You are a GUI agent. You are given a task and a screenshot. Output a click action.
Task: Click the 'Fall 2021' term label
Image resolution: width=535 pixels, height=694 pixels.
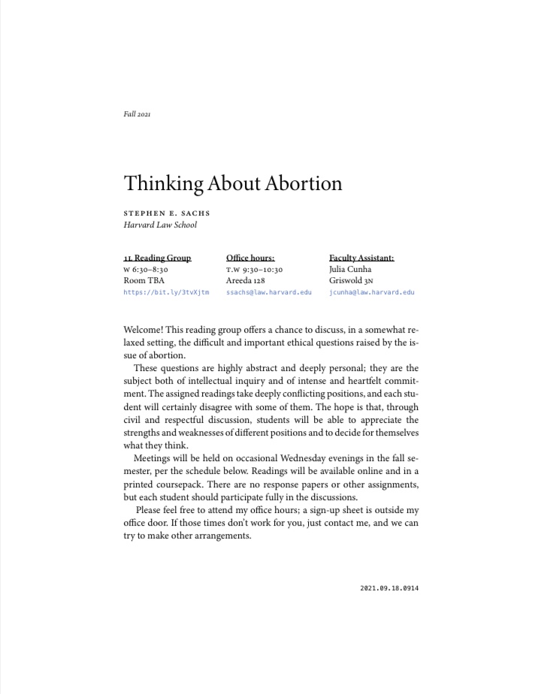coord(138,114)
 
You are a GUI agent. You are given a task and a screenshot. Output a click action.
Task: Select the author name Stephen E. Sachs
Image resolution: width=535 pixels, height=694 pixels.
coord(166,213)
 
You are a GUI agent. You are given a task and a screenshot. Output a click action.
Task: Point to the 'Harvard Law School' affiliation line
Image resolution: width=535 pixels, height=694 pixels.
coord(160,225)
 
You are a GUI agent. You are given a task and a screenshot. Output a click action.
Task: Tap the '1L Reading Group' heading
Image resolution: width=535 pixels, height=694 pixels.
coord(157,258)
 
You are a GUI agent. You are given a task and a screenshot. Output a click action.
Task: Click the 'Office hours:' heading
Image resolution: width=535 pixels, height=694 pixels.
coord(250,258)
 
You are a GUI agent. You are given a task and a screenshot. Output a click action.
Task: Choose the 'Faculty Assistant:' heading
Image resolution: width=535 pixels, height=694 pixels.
coord(361,258)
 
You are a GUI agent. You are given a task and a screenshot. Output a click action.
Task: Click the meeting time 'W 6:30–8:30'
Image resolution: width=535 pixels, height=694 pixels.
coord(146,269)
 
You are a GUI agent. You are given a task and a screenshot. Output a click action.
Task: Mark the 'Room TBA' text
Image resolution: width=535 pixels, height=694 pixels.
coord(144,280)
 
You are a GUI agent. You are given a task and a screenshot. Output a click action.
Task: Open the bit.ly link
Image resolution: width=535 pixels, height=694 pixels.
coord(166,292)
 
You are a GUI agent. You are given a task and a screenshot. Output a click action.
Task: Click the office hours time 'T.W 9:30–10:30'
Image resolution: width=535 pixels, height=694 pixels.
coord(254,269)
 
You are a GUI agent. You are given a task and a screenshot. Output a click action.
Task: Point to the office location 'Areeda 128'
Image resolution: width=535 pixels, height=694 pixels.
coord(246,280)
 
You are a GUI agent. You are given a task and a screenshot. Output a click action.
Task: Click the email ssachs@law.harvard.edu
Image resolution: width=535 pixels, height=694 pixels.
coord(268,292)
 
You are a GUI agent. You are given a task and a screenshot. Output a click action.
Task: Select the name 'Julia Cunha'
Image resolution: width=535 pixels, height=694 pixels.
coord(350,269)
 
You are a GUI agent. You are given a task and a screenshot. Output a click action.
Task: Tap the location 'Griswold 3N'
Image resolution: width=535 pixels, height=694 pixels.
coord(352,280)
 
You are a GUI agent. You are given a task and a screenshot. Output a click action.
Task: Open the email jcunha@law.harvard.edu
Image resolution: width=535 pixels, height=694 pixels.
coord(371,292)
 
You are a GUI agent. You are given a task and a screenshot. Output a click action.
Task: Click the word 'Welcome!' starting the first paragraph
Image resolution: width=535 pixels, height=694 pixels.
coord(143,330)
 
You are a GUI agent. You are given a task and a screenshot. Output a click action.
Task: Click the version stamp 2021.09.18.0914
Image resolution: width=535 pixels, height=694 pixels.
coord(389,588)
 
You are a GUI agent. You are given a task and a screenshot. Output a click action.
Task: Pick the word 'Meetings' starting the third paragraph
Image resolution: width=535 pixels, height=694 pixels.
coord(152,458)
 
